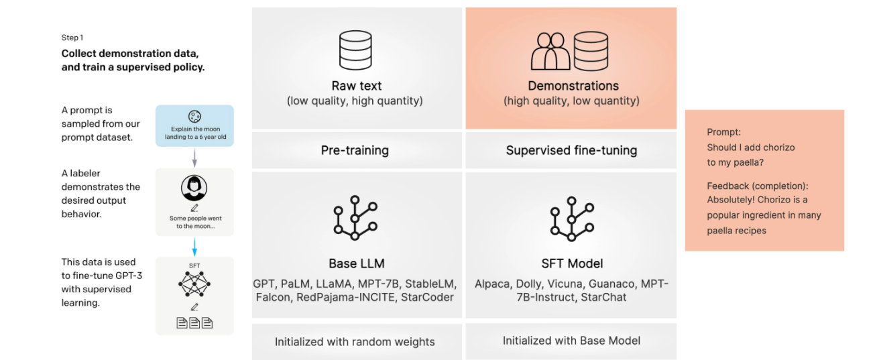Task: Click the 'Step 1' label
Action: [72, 38]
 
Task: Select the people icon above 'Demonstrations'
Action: [550, 51]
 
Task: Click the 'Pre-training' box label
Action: [355, 151]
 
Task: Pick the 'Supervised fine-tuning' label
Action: [572, 151]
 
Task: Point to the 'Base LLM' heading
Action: [357, 263]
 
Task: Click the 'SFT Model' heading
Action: [571, 263]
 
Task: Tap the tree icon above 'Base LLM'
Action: [356, 218]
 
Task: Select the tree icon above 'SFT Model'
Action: [571, 218]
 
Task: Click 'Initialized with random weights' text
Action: [355, 342]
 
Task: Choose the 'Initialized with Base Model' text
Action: [571, 341]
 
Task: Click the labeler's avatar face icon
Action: [194, 188]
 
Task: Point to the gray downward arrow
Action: [194, 158]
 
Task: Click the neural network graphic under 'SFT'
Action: [194, 285]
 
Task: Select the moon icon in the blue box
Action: [194, 116]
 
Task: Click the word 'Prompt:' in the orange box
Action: [723, 133]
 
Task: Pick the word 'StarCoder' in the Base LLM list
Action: [427, 297]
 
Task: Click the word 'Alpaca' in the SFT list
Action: [493, 284]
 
